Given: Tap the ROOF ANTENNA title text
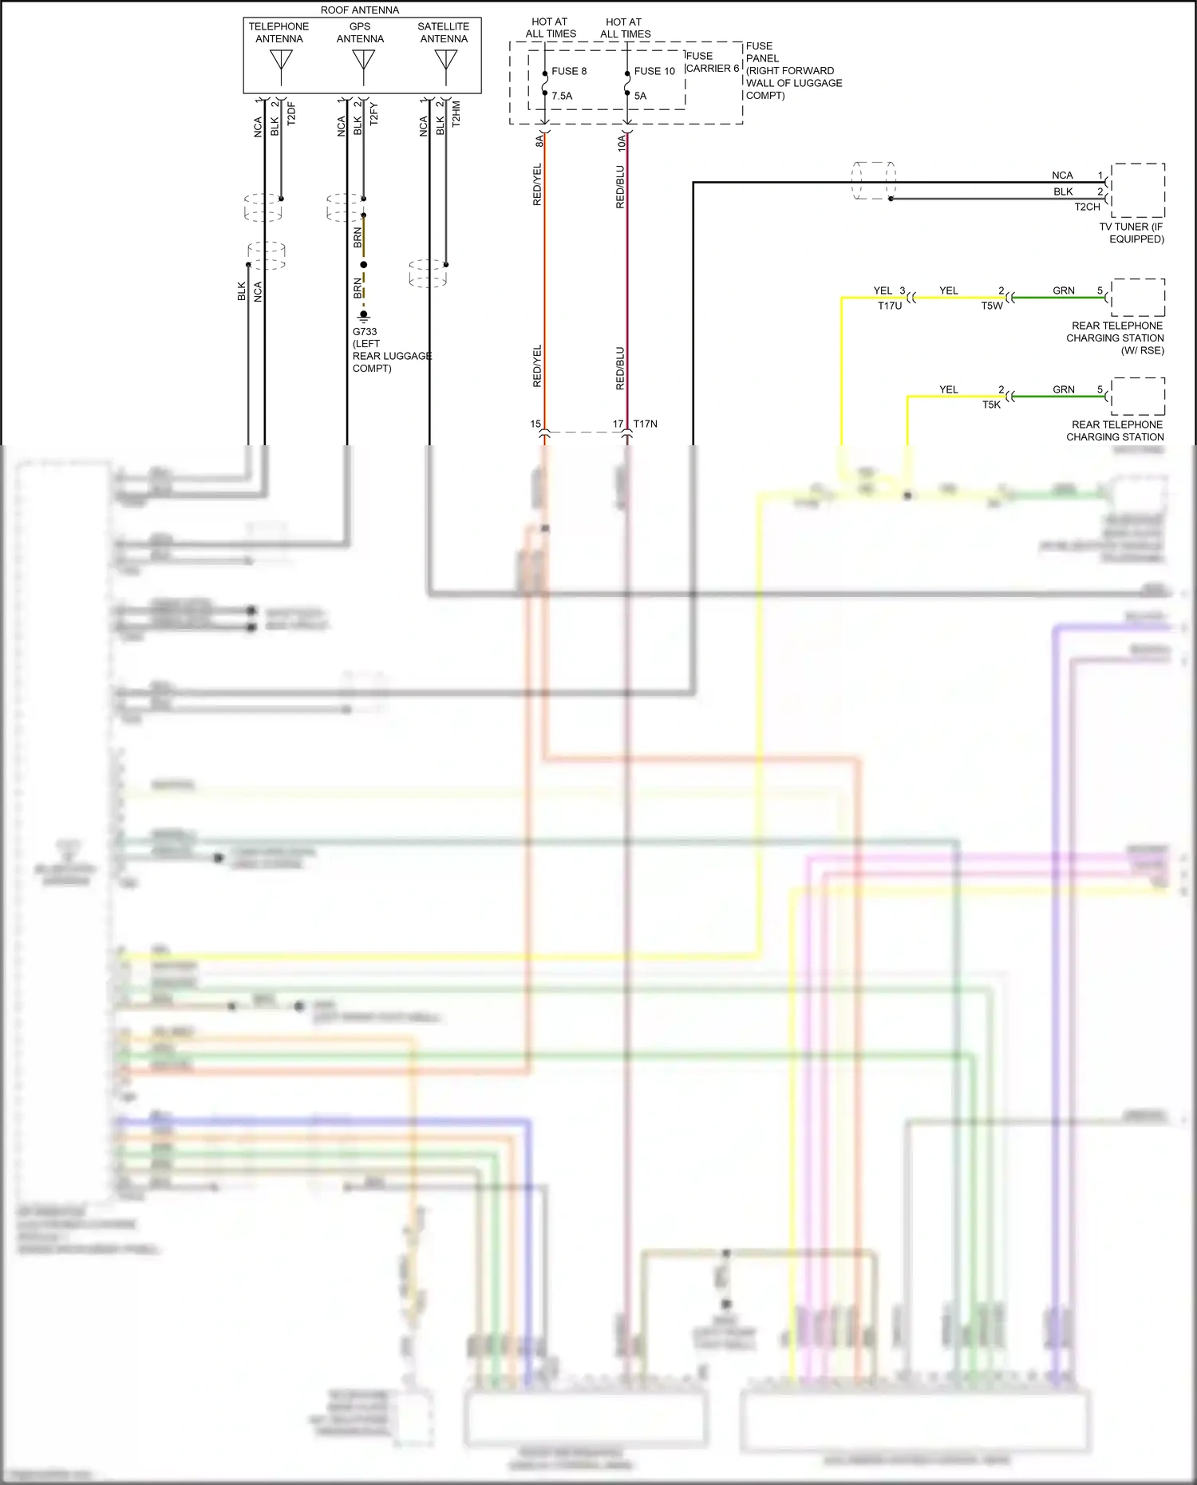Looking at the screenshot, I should point(360,10).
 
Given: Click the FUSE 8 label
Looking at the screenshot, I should point(569,71).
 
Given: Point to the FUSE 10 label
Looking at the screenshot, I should point(654,71).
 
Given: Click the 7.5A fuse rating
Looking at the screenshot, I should point(562,96).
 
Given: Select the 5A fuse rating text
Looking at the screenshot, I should point(640,96).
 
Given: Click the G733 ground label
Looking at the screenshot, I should point(365,332).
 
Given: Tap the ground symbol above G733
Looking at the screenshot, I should point(364,316).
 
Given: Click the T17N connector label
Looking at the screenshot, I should point(645,424).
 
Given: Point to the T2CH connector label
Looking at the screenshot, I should point(1087,207).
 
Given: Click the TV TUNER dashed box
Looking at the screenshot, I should point(1138,190).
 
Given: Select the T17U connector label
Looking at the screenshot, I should point(890,306).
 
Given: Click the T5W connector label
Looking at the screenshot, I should point(992,306).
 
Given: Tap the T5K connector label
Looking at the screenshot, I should point(991,405).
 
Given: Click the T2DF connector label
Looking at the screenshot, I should point(291,113).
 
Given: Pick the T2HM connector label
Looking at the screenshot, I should point(456,113).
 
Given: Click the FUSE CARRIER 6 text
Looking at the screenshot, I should point(712,62).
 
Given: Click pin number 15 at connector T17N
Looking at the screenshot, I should point(535,424).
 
